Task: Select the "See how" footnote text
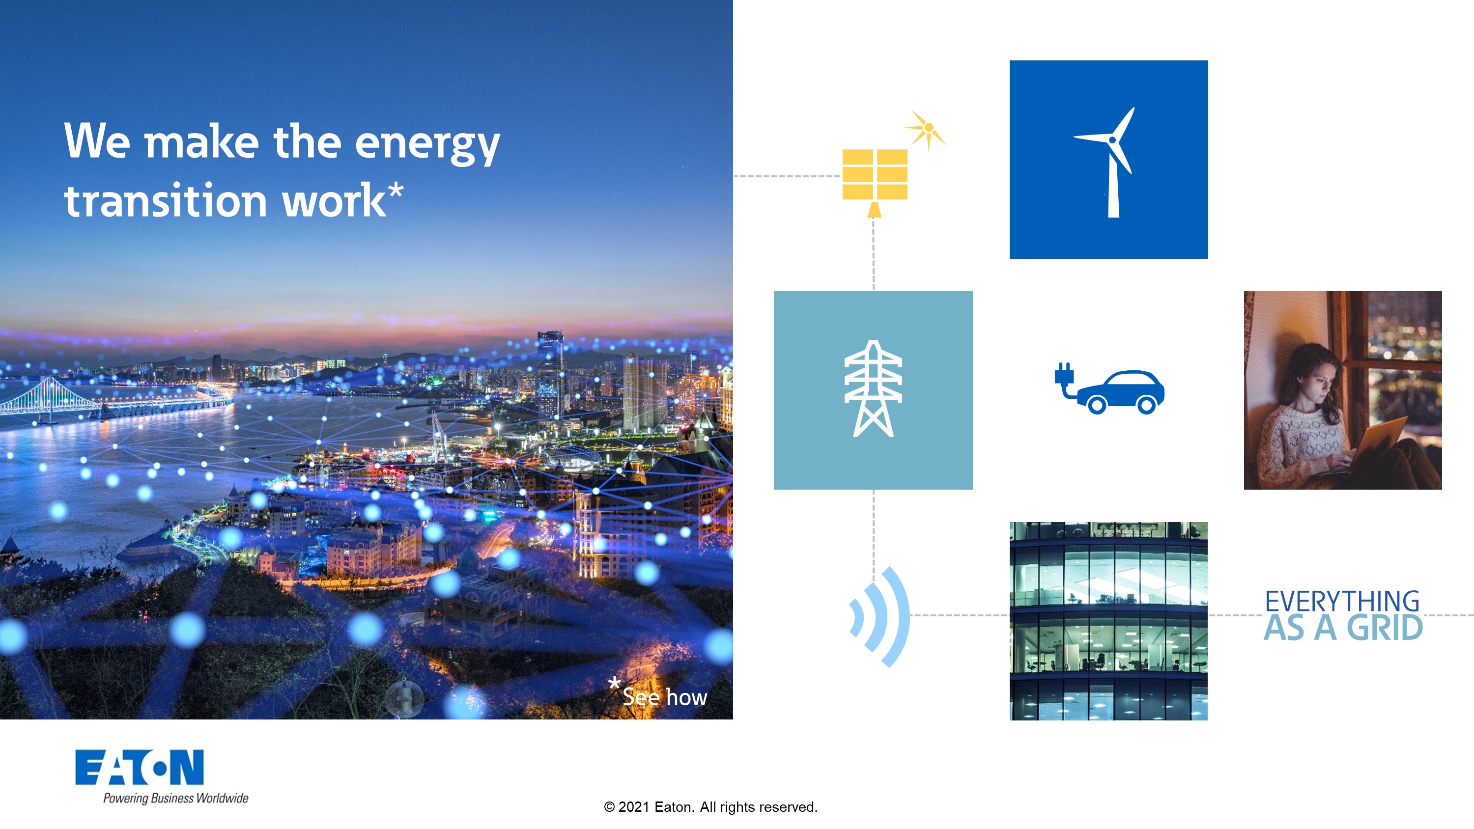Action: [x=664, y=697]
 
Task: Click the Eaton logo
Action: [x=140, y=767]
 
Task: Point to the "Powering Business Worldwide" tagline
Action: [x=176, y=798]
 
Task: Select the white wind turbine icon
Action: [x=1108, y=163]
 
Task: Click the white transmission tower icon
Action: [x=873, y=389]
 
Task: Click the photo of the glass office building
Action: [x=1108, y=621]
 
